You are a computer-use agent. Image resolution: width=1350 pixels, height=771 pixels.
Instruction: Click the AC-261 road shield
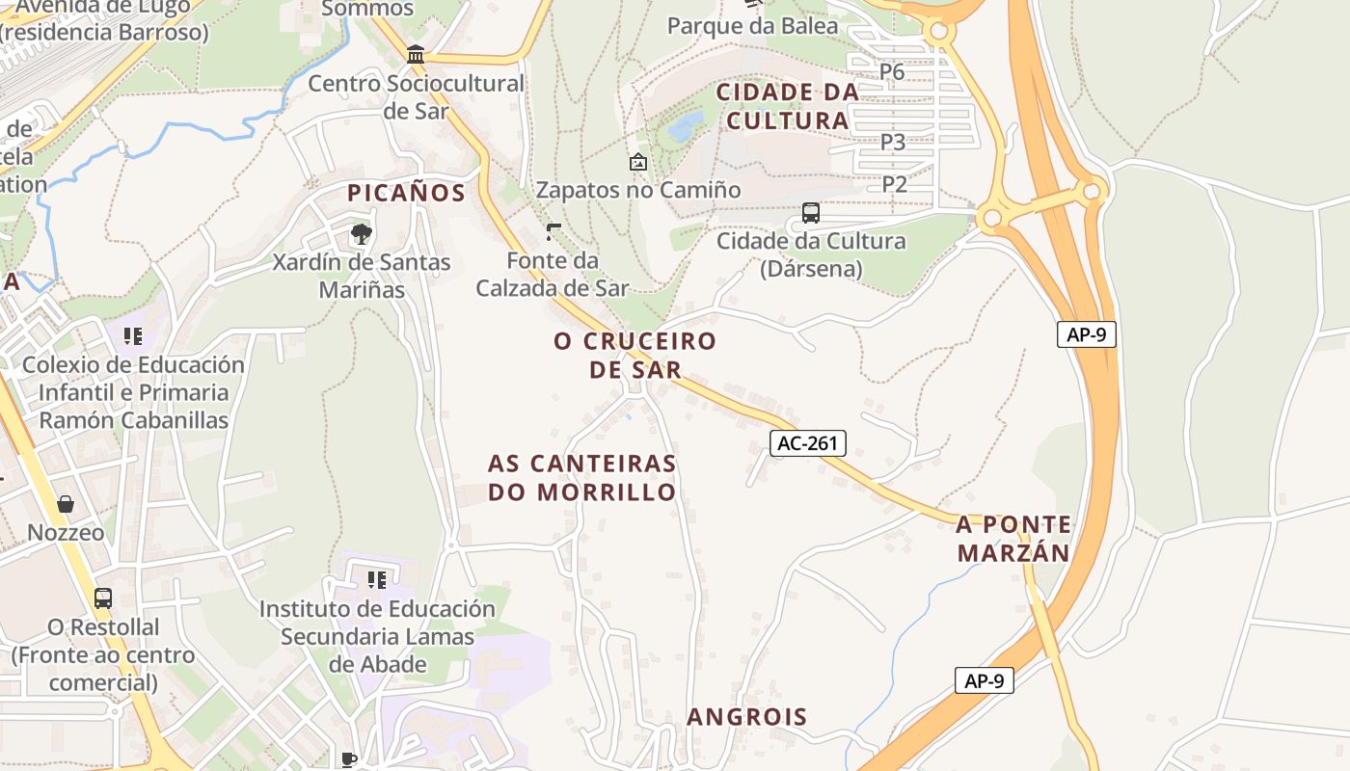click(808, 443)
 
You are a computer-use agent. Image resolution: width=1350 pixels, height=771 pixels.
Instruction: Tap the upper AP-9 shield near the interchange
click(1086, 334)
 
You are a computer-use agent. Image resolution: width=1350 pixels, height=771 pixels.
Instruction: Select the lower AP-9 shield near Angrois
click(985, 680)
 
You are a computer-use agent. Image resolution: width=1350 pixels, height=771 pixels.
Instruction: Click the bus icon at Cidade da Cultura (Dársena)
click(811, 213)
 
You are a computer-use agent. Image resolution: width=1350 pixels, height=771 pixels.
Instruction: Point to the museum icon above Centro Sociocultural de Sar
click(416, 54)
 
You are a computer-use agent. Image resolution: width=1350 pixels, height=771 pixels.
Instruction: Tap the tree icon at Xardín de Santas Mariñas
click(361, 233)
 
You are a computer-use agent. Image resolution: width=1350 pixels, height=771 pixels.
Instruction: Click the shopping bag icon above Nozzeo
click(66, 504)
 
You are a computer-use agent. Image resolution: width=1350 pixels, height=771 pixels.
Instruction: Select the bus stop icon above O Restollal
click(103, 598)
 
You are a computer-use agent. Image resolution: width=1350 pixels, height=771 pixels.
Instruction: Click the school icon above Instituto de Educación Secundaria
click(377, 579)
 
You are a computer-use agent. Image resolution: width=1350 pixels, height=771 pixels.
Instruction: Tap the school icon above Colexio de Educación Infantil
click(133, 336)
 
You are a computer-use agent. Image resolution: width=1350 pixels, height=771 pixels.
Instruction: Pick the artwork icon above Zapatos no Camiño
click(637, 162)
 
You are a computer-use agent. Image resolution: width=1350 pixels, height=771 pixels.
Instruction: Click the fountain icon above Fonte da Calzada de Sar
click(553, 231)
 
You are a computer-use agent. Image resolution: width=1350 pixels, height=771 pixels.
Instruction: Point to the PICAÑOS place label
click(406, 193)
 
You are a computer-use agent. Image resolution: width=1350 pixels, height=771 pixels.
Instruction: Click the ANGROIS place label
click(746, 717)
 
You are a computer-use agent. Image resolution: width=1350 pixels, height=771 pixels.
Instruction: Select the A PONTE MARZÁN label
click(1012, 539)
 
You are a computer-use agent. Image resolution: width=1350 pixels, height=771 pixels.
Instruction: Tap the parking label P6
click(892, 71)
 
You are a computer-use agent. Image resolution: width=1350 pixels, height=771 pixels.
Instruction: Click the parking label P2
click(895, 184)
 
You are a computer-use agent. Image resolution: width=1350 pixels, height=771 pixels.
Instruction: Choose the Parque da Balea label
click(752, 26)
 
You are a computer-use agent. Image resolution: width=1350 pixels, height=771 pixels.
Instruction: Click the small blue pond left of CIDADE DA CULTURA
click(686, 125)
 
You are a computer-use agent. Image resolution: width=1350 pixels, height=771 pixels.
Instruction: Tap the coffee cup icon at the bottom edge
click(349, 759)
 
